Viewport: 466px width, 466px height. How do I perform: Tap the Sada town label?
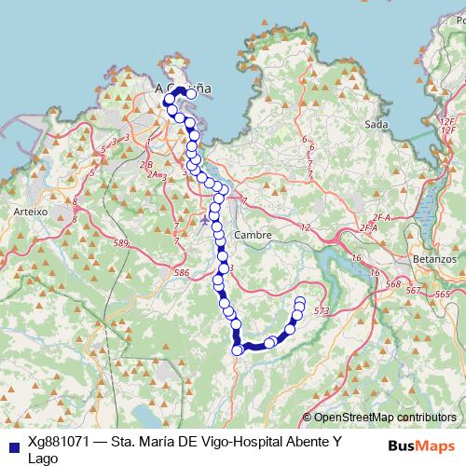[377, 124]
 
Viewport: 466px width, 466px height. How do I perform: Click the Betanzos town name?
[433, 257]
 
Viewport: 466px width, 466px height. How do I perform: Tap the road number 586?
[182, 272]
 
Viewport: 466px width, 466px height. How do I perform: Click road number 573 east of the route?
[322, 310]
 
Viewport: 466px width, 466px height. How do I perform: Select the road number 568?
[392, 284]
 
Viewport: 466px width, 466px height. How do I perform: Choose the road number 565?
[441, 292]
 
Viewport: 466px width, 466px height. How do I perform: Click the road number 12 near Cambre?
[305, 227]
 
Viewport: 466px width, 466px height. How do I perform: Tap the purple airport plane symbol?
[205, 220]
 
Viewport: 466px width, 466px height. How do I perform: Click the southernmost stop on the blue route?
[237, 350]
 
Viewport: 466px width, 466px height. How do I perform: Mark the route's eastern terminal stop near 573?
[300, 301]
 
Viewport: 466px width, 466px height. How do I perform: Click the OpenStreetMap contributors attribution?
[384, 418]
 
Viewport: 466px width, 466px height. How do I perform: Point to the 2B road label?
[145, 165]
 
